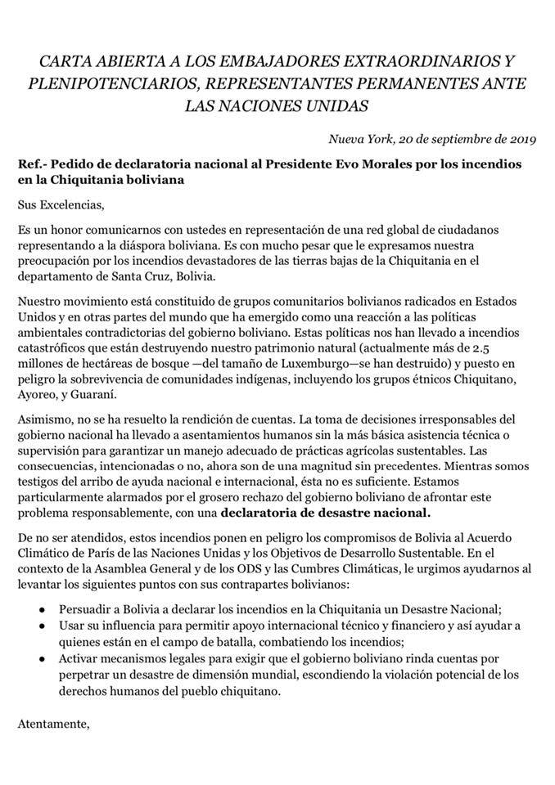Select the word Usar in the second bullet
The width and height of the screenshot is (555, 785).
(x=72, y=625)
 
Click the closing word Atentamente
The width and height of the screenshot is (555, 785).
(x=53, y=724)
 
